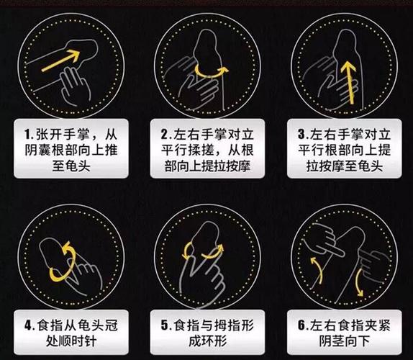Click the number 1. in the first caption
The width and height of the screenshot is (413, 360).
point(28,135)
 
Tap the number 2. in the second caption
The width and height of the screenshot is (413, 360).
point(165,135)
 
